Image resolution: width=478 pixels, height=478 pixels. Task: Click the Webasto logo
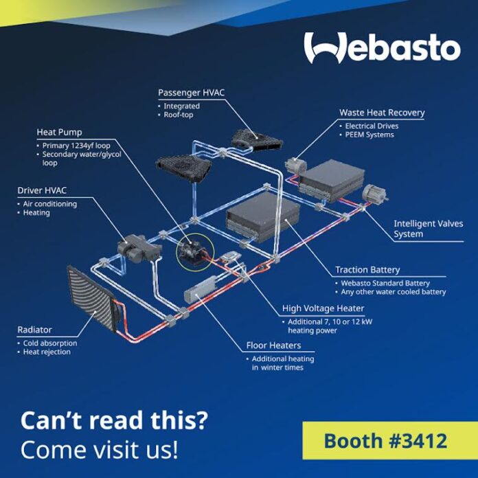click(x=383, y=47)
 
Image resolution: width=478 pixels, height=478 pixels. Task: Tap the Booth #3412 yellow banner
click(x=390, y=440)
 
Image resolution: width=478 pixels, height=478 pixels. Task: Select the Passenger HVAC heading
click(x=191, y=93)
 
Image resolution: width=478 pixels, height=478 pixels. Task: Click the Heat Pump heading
click(x=60, y=133)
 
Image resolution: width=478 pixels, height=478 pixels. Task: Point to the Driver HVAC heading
click(x=42, y=190)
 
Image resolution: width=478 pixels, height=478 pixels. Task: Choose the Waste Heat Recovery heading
click(x=382, y=113)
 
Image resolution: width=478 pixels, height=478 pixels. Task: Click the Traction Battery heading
click(x=367, y=270)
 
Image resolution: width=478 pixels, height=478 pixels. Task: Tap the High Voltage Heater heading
click(x=323, y=308)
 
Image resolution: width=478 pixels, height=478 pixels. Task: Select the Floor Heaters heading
click(x=273, y=345)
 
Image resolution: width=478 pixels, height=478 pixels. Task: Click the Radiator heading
click(x=34, y=330)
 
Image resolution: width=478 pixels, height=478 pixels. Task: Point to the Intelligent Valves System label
click(x=429, y=229)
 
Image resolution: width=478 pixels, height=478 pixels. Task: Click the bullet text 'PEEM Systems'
click(x=369, y=135)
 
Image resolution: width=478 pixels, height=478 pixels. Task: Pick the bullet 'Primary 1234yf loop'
click(x=76, y=146)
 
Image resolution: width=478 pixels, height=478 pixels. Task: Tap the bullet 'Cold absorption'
click(x=50, y=343)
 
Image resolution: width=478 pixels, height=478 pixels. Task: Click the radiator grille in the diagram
click(x=90, y=298)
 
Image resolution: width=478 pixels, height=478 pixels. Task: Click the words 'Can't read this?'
click(x=114, y=420)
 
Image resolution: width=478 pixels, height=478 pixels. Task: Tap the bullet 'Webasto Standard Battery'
click(x=385, y=283)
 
